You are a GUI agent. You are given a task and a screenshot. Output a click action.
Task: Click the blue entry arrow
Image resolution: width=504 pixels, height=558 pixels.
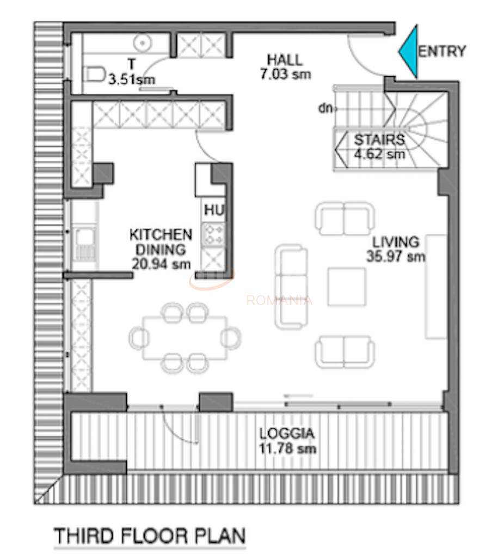click(409, 52)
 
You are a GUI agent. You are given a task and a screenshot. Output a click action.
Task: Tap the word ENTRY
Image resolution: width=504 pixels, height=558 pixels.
click(442, 51)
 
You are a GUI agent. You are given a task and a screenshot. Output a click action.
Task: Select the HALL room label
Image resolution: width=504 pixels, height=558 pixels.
click(284, 60)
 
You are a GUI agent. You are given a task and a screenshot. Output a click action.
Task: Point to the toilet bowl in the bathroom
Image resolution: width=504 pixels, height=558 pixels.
click(96, 73)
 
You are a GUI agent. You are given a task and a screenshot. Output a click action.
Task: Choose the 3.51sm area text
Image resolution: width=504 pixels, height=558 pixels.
click(131, 80)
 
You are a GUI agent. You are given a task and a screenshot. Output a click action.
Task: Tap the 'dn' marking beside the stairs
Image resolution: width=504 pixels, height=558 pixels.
click(325, 108)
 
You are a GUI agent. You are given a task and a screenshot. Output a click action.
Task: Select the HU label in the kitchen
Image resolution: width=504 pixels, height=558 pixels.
click(214, 209)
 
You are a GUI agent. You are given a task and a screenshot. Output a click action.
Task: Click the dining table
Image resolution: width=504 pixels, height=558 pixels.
click(185, 338)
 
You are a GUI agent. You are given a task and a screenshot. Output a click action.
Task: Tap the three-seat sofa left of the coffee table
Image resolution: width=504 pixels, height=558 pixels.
click(291, 287)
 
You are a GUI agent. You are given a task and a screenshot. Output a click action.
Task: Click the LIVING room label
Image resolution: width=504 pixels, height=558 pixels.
click(396, 242)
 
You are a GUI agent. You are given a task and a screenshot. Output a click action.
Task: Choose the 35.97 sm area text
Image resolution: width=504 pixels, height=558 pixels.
click(396, 256)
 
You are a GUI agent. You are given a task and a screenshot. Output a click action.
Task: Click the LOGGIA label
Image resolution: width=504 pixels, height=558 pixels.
click(287, 434)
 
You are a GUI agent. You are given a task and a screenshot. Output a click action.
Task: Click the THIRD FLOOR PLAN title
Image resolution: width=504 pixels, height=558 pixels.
click(149, 536)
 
